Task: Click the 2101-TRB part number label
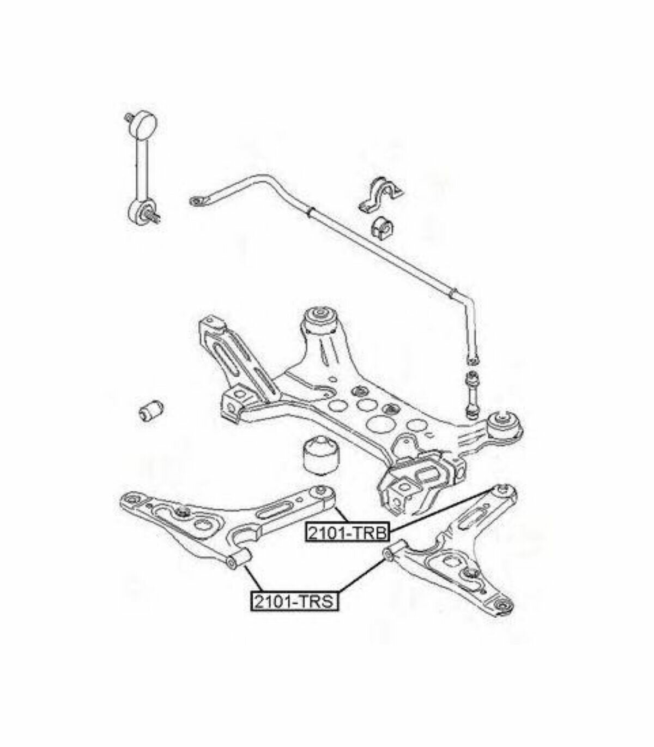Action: pyautogui.click(x=347, y=533)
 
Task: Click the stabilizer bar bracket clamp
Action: pyautogui.click(x=379, y=196)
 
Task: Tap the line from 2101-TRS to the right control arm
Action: pyautogui.click(x=362, y=582)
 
